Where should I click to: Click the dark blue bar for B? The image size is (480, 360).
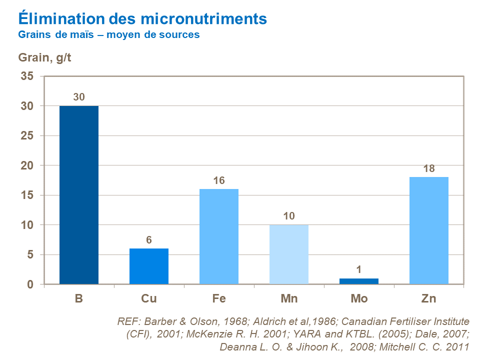click(79, 195)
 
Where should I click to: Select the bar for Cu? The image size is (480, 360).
click(149, 266)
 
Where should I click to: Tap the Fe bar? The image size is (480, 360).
click(219, 236)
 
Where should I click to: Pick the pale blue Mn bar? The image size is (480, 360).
click(289, 254)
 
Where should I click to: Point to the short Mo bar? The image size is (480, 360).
click(359, 281)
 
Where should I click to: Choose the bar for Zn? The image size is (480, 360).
click(429, 230)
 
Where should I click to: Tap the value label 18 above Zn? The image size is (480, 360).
click(429, 168)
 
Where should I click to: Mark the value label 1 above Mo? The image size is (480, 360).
click(359, 270)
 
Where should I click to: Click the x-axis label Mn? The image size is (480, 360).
click(289, 299)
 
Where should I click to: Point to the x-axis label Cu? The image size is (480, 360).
click(149, 299)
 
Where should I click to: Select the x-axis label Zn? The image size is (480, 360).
click(429, 299)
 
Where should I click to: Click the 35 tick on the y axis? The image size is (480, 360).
click(26, 76)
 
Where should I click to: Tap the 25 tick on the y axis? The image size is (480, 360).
click(26, 136)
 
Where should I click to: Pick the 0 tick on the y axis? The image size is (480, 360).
click(30, 284)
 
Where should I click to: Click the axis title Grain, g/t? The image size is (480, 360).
click(45, 57)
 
